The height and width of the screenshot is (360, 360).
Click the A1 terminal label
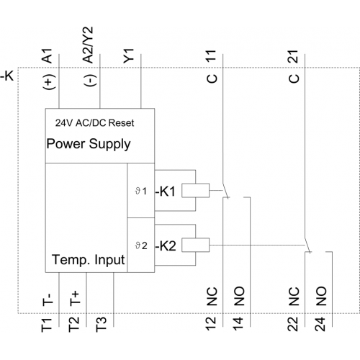click(x=48, y=55)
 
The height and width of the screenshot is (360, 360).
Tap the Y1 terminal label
click(x=128, y=56)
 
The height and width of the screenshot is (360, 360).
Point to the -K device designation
click(x=7, y=76)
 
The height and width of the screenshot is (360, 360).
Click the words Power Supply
click(x=89, y=144)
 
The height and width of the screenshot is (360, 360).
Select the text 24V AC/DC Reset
click(x=94, y=123)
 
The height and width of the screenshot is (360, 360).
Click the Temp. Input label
click(x=89, y=260)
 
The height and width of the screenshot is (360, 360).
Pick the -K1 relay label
click(x=166, y=192)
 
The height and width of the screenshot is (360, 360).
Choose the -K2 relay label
click(x=166, y=246)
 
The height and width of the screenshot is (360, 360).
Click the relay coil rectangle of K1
click(x=195, y=191)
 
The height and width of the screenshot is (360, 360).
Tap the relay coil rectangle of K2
click(x=195, y=245)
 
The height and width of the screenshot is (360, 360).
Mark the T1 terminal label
click(x=47, y=325)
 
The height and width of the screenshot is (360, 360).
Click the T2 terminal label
click(x=73, y=324)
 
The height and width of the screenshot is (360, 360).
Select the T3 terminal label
click(x=101, y=325)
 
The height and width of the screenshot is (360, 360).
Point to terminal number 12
click(x=211, y=324)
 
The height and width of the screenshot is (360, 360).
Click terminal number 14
click(x=238, y=324)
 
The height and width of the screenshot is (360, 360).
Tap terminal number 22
click(x=292, y=324)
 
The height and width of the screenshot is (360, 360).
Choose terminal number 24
click(x=320, y=324)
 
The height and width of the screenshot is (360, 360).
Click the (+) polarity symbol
click(x=49, y=82)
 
